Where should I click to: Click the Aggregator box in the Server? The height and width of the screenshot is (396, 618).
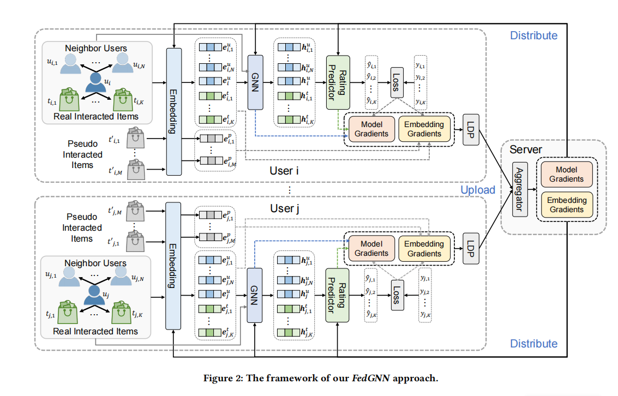pos(520,190)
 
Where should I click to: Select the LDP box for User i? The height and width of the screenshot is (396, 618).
pos(471,129)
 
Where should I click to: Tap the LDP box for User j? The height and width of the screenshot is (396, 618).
pos(471,249)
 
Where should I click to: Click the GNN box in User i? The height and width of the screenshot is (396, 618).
pos(256,82)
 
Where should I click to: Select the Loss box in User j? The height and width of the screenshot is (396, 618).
pos(397,296)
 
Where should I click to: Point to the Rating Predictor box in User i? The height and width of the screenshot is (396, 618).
pos(337,82)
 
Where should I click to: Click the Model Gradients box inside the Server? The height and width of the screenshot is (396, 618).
pos(566,174)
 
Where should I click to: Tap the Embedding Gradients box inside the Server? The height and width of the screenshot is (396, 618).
pos(566,205)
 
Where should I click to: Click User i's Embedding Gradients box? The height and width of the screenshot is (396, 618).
pos(424,129)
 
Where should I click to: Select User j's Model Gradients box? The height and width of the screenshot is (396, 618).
pos(371,249)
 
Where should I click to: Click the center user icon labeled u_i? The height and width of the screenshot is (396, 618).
pos(96,83)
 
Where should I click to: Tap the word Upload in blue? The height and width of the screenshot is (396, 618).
pos(478,190)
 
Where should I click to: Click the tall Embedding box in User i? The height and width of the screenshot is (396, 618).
pos(173,111)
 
